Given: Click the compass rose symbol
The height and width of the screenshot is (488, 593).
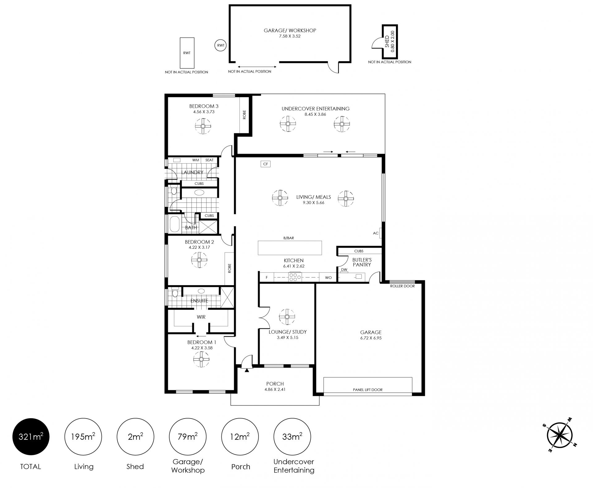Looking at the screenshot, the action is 560,436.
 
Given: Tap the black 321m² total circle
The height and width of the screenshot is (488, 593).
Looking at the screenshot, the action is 31,437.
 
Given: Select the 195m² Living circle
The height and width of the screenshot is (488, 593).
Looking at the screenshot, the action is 83,437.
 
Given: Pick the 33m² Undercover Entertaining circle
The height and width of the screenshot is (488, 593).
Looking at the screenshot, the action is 292,437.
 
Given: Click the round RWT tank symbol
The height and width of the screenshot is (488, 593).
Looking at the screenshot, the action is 221,45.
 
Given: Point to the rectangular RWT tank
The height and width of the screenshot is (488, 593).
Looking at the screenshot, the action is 187,53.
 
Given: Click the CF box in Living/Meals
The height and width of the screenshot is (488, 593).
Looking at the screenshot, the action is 266,164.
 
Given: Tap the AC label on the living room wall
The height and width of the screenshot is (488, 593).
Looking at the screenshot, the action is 376,233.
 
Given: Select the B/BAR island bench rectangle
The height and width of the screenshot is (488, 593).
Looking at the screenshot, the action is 290,248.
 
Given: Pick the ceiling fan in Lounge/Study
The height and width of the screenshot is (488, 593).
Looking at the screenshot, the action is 287,317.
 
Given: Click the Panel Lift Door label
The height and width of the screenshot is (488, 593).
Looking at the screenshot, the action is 368,390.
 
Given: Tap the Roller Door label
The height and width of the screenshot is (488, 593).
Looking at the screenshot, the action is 402,286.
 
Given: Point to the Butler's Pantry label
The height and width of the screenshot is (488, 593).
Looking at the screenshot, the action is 362,262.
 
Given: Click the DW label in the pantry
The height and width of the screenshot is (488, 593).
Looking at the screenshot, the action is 344,269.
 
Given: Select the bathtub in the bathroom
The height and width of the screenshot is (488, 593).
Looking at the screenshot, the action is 175,224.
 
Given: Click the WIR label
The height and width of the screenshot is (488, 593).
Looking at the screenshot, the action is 201,317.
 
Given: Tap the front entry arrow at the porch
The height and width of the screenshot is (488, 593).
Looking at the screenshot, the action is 246,370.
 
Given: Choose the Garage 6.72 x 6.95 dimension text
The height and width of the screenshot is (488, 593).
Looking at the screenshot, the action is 371,338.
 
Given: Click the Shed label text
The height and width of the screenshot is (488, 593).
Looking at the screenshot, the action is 387,42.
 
